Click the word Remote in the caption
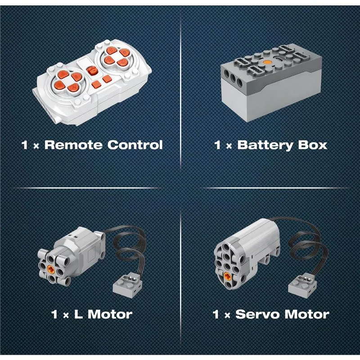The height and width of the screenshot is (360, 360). (x=73, y=145)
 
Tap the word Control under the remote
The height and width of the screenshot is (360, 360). (x=135, y=145)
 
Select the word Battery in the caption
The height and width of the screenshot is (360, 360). (x=265, y=145)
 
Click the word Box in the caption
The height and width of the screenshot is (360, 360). (x=312, y=145)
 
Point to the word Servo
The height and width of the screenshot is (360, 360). (x=257, y=314)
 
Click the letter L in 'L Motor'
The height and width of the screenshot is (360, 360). (x=78, y=314)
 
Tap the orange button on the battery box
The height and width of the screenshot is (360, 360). (x=267, y=62)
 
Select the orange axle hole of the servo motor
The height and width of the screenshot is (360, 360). (x=227, y=276)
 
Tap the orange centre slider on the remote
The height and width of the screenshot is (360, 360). (x=92, y=70)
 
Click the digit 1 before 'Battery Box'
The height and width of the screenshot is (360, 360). (x=218, y=145)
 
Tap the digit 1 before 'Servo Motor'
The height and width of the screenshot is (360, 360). (x=216, y=314)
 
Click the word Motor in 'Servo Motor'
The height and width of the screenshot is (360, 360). (x=306, y=314)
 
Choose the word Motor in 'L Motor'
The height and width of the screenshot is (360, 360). (x=110, y=314)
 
